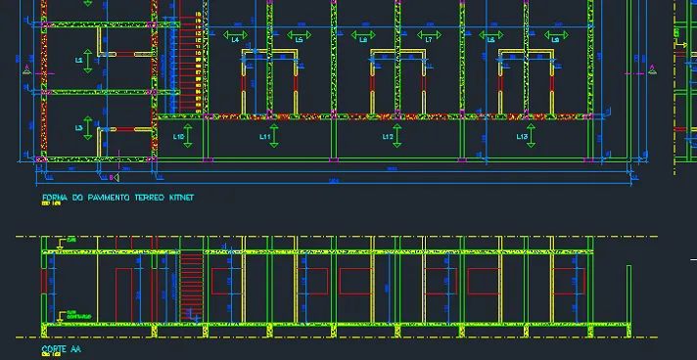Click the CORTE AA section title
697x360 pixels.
pos(60,348)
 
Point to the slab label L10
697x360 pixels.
pos(180,138)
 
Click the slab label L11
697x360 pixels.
pos(263,138)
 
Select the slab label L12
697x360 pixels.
pos(388,138)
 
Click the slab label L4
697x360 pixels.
pos(235,39)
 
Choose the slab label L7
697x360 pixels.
pos(428,39)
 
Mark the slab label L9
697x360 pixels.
pos(555,39)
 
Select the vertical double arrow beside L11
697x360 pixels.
pos(275,138)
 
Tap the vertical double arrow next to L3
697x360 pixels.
pos(89,129)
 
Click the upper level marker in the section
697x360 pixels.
pos(66,240)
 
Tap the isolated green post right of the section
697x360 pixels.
pos(628,293)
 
